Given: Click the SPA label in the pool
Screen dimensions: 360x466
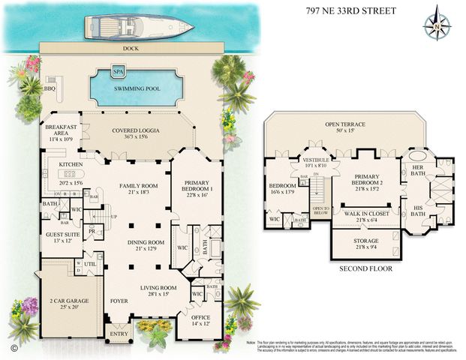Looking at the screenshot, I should tap(118, 71).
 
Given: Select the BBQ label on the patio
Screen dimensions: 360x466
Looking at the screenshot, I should tap(51, 88).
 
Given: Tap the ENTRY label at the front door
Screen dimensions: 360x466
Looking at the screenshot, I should tap(117, 335).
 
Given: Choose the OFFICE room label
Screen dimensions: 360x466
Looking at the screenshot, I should tap(200, 318).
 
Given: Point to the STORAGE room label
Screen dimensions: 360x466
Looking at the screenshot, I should tap(366, 241).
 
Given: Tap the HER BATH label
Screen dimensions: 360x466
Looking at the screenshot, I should tap(419, 170).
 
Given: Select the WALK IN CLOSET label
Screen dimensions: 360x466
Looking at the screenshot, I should tap(366, 213).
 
